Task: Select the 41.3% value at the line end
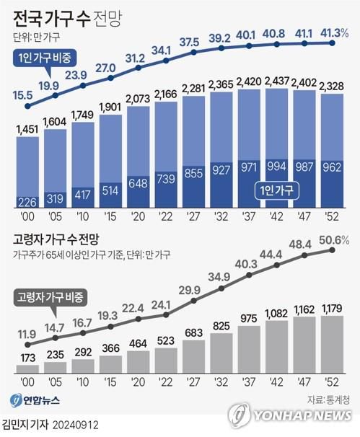334,32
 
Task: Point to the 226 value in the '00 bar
27,201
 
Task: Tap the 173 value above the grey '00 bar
28,357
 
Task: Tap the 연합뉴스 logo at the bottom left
38,400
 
